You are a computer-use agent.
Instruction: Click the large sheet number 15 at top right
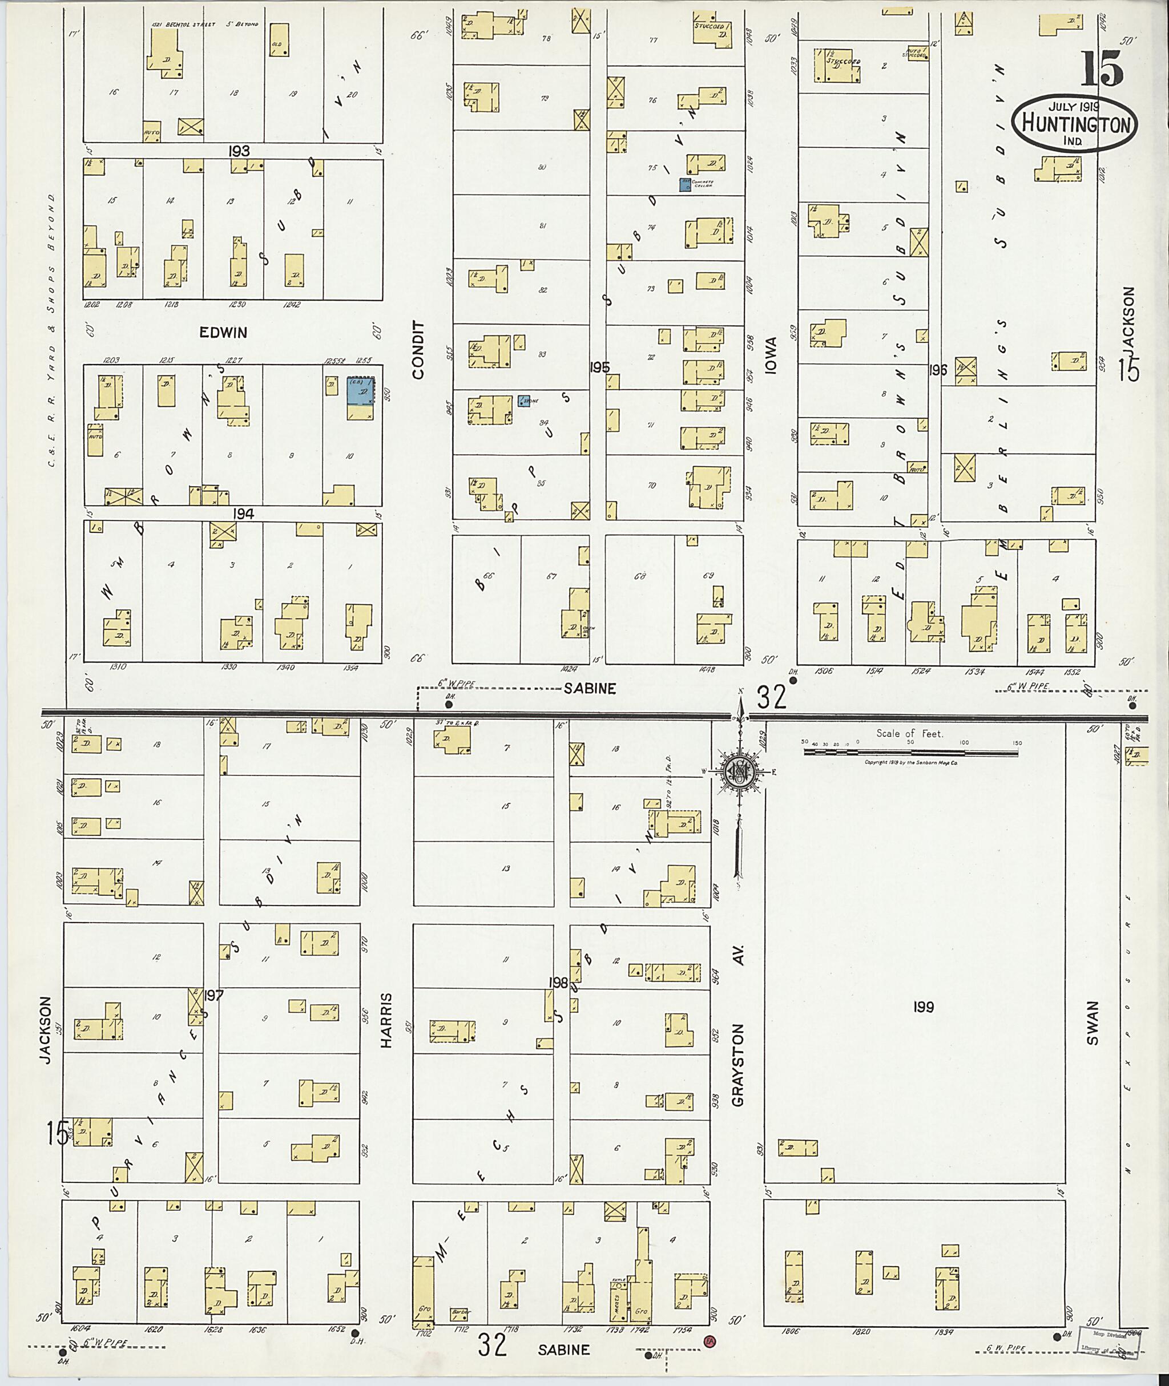point(1102,69)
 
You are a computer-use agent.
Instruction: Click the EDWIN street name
point(223,333)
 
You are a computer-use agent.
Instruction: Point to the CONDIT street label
point(417,350)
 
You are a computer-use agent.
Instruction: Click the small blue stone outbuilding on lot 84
point(523,402)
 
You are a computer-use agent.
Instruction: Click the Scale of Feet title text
point(909,733)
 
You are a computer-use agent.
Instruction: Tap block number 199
point(923,1008)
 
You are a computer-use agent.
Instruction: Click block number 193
point(239,151)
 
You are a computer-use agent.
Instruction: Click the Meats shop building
point(619,1300)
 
